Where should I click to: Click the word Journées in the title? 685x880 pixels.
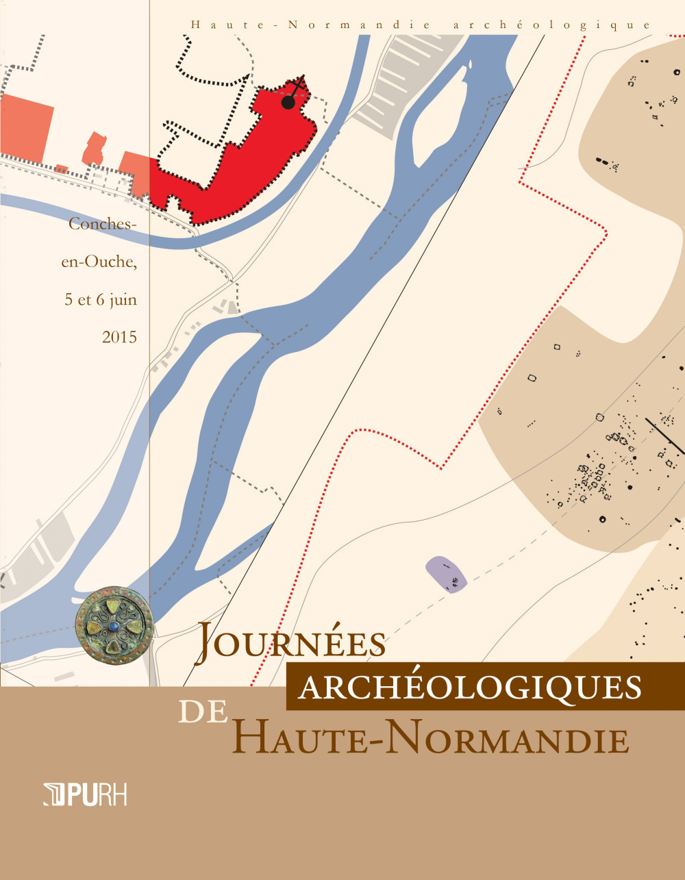(x=291, y=644)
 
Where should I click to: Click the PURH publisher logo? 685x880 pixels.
(x=85, y=795)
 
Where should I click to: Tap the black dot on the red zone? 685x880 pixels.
(x=288, y=103)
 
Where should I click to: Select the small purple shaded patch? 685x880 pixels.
(x=447, y=574)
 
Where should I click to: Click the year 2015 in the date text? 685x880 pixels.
(x=119, y=337)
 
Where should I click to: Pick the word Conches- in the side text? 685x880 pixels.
(x=99, y=224)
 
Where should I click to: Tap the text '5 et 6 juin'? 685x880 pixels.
(x=101, y=299)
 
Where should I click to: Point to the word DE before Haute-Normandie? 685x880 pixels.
(x=203, y=712)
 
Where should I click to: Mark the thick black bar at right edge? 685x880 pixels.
(x=665, y=436)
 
